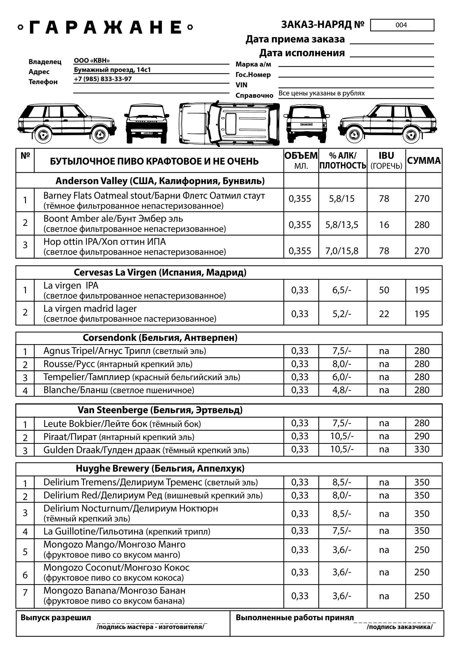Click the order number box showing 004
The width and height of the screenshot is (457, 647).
point(402,25)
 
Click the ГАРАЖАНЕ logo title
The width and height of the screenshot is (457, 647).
point(105,27)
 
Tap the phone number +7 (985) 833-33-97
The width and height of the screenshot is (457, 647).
point(103,79)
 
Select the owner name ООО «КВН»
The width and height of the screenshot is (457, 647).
point(92,61)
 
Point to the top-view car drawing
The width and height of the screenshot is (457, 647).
point(229,124)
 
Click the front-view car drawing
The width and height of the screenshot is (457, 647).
point(146,124)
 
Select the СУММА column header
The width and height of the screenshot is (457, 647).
point(424,160)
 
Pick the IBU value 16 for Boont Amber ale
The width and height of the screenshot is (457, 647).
point(384,225)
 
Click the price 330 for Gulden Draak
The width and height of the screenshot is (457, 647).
point(422,449)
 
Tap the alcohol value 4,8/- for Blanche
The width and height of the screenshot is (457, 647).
point(341,390)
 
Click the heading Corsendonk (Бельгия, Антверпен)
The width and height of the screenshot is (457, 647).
point(160,338)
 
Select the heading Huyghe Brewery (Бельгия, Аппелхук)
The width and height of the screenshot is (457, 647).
point(160,469)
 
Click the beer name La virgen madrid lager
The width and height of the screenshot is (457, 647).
point(90,309)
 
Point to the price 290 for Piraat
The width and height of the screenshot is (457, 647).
point(422,436)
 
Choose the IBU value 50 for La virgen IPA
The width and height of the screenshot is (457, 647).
point(384,290)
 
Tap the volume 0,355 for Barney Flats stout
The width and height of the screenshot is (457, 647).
point(300,199)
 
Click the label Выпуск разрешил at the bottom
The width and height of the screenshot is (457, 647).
point(56,618)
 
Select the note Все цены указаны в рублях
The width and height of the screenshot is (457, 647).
point(322,93)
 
